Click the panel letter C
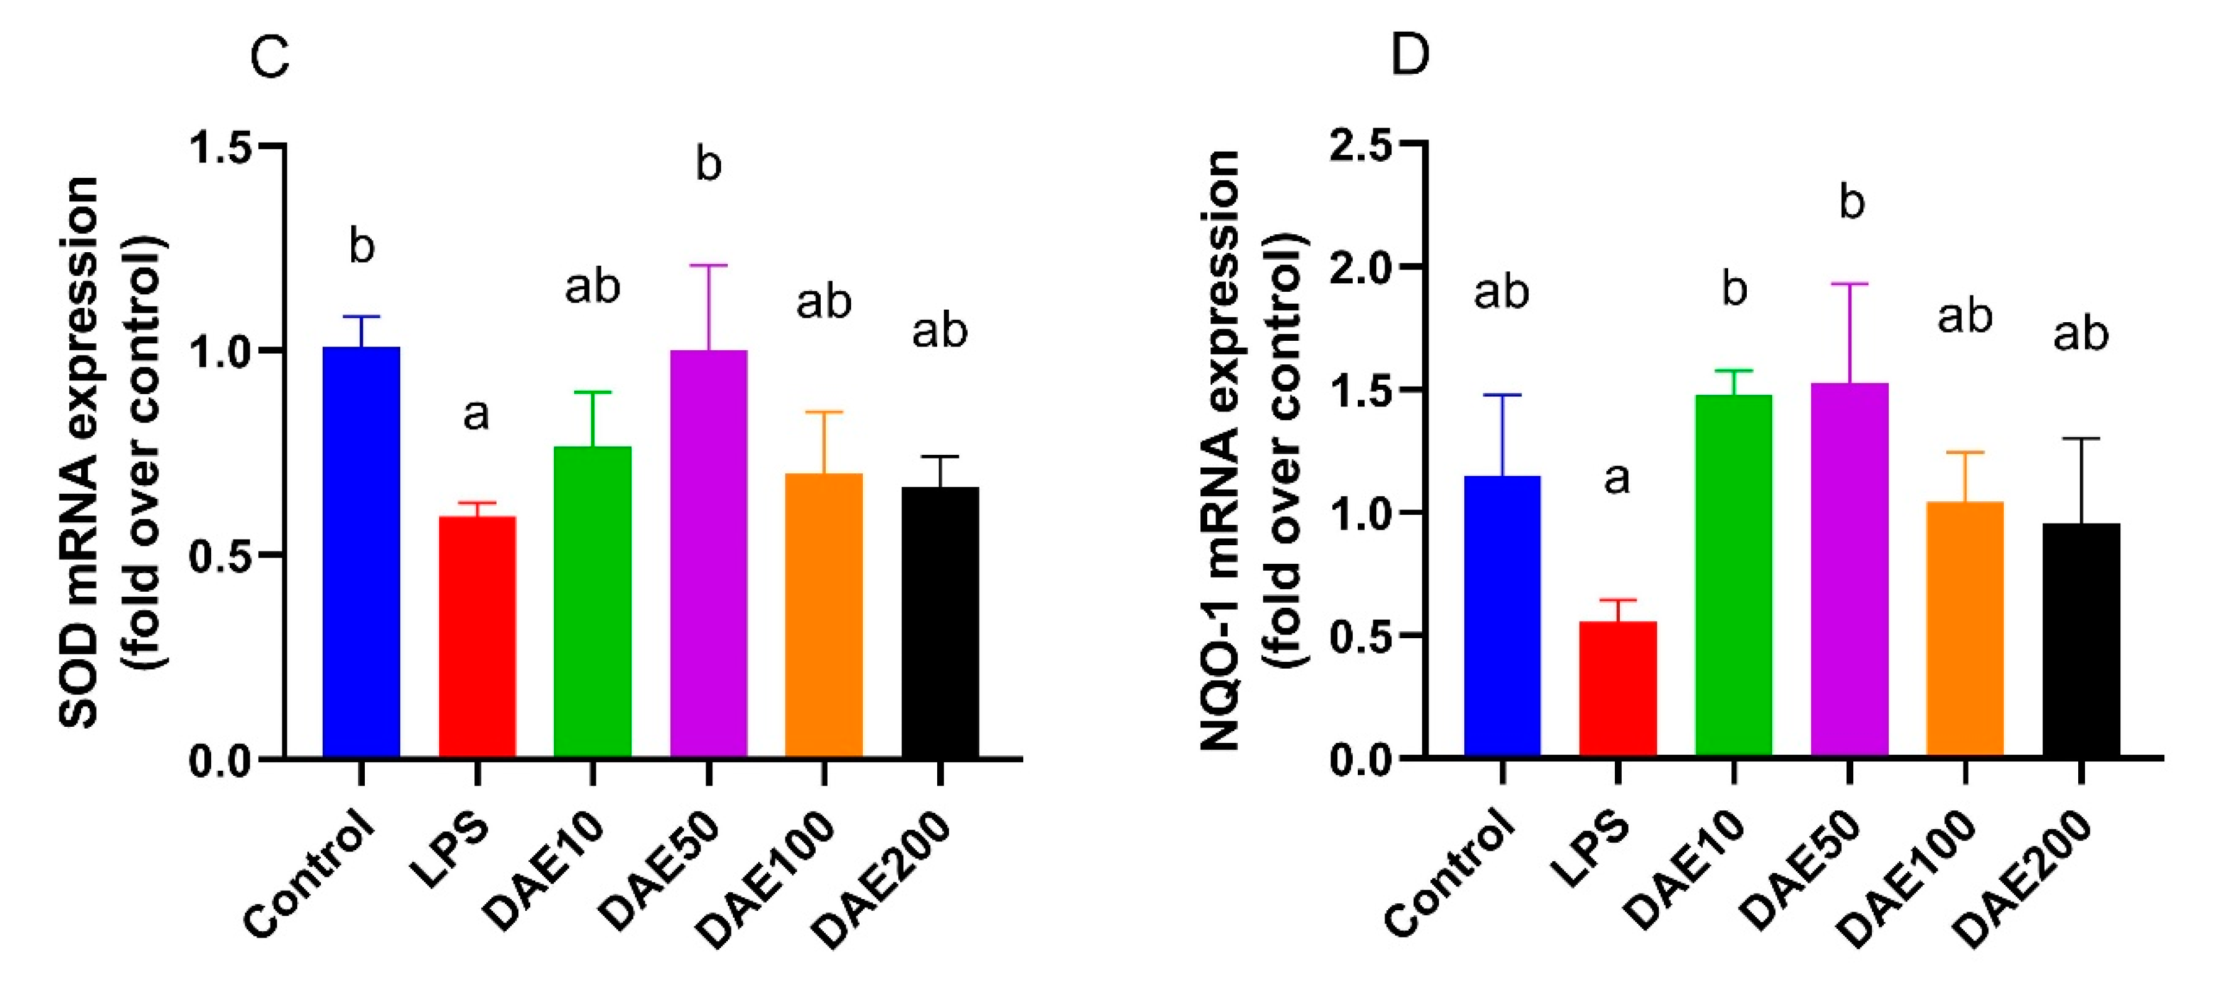tap(269, 58)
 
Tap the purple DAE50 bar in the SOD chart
tap(708, 553)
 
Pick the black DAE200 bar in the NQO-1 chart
tap(2081, 639)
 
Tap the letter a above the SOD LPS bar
tap(476, 415)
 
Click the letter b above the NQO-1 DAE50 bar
tap(1851, 201)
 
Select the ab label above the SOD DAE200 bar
tap(940, 331)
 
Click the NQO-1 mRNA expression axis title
tap(1222, 449)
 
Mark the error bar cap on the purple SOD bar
tap(708, 265)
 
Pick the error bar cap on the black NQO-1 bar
tap(2081, 439)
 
